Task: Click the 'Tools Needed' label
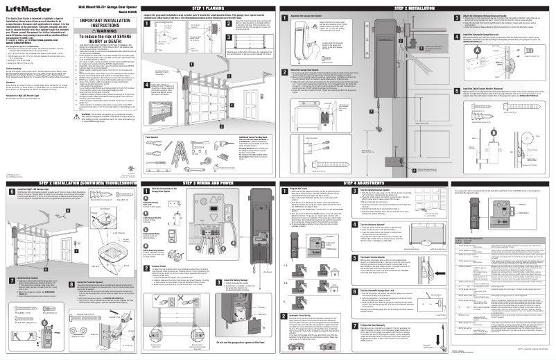(150, 137)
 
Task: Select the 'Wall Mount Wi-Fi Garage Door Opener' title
(103, 6)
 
